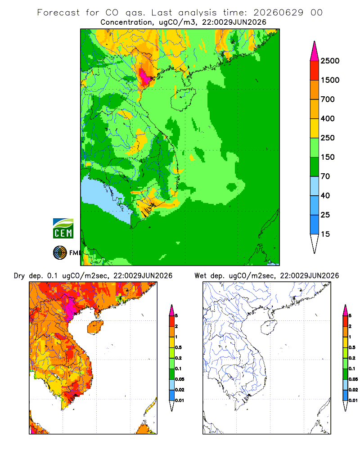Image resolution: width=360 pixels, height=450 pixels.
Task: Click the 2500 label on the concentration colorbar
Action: pos(330,61)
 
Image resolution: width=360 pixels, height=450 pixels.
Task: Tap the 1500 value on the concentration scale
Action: pos(330,80)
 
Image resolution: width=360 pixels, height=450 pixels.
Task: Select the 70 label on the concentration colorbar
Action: pos(325,176)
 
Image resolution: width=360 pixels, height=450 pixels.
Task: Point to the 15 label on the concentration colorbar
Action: pos(325,234)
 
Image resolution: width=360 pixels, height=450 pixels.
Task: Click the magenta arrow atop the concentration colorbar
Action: pos(315,51)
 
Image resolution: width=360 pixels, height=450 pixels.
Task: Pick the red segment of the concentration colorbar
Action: pos(315,71)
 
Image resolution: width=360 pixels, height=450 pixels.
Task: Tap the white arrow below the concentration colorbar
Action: pos(315,243)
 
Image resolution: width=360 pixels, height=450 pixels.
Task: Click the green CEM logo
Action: pos(63,229)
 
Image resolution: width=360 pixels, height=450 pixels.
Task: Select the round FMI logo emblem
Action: pos(60,253)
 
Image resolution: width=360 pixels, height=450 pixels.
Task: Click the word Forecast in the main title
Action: pos(58,13)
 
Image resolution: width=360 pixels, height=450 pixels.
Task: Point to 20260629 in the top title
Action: pos(278,13)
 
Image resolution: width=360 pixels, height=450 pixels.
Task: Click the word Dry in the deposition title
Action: pos(19,276)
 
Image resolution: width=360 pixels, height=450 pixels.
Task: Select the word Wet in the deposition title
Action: pos(200,276)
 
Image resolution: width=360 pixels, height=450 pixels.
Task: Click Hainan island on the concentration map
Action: pos(183,99)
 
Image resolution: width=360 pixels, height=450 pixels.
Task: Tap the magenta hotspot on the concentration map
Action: pos(145,77)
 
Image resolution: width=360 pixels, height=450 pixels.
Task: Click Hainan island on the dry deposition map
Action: pos(95,327)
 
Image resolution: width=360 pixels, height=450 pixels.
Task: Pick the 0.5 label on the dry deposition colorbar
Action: pos(178,347)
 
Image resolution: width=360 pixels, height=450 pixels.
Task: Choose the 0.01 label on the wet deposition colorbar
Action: pos(353,400)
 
